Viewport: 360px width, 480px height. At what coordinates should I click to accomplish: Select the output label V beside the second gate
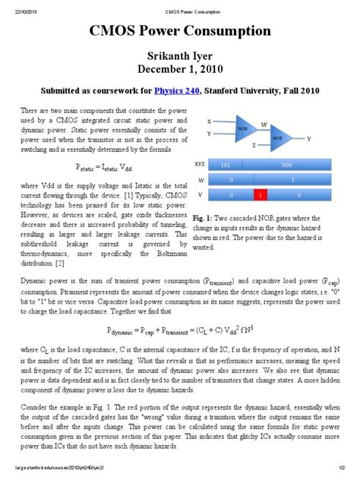click(308, 139)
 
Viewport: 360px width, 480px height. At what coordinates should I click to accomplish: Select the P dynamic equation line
click(179, 330)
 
